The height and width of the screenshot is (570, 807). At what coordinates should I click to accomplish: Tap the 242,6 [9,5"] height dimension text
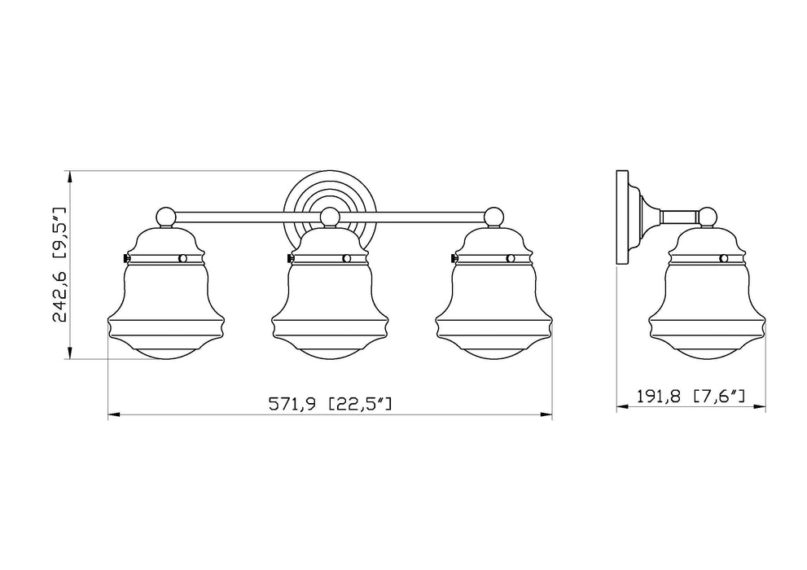(59, 265)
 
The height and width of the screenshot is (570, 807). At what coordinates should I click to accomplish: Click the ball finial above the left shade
(165, 217)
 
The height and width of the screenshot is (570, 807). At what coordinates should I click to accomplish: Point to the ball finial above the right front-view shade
(493, 217)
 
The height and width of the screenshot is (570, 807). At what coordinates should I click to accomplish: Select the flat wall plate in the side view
(623, 217)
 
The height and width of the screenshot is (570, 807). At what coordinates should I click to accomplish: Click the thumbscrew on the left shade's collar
(125, 258)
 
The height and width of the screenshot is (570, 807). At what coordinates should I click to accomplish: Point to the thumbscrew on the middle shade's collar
(290, 258)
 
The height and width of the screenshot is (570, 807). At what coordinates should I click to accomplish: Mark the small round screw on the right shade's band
(511, 258)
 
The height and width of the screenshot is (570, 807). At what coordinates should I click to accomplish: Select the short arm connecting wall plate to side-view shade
(680, 217)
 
